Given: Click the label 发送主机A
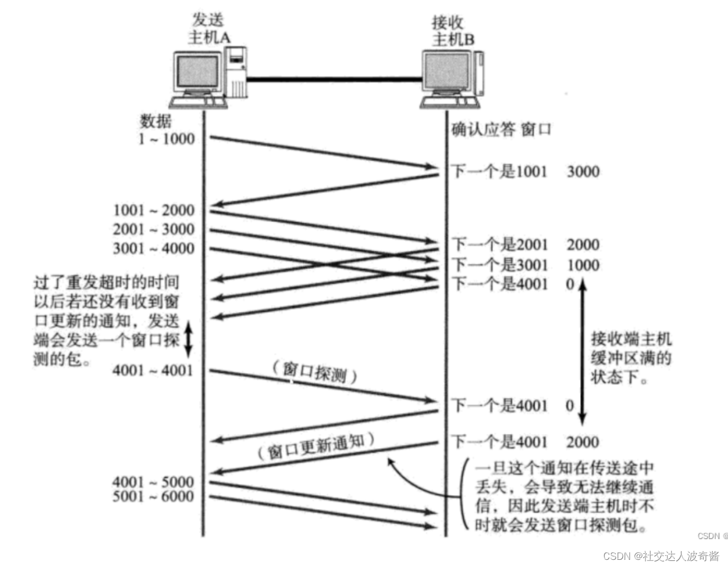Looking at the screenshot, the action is click(x=208, y=29).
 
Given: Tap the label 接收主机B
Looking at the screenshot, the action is click(x=453, y=31).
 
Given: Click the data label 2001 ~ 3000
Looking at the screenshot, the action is click(x=154, y=229).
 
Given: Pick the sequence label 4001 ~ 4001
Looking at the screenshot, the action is click(x=153, y=370).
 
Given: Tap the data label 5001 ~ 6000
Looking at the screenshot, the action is click(x=153, y=497).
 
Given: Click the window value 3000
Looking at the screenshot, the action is click(x=583, y=172).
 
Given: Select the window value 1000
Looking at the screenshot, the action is click(x=583, y=265).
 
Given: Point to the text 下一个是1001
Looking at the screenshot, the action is click(x=499, y=172).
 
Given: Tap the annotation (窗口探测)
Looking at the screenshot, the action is click(x=315, y=372).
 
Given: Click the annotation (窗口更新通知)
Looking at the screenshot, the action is click(x=316, y=446).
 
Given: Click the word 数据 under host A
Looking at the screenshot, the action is click(x=156, y=121).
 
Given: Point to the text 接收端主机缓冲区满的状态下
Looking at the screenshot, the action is click(x=631, y=358).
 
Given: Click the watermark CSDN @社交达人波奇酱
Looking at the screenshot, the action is click(x=661, y=555).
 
